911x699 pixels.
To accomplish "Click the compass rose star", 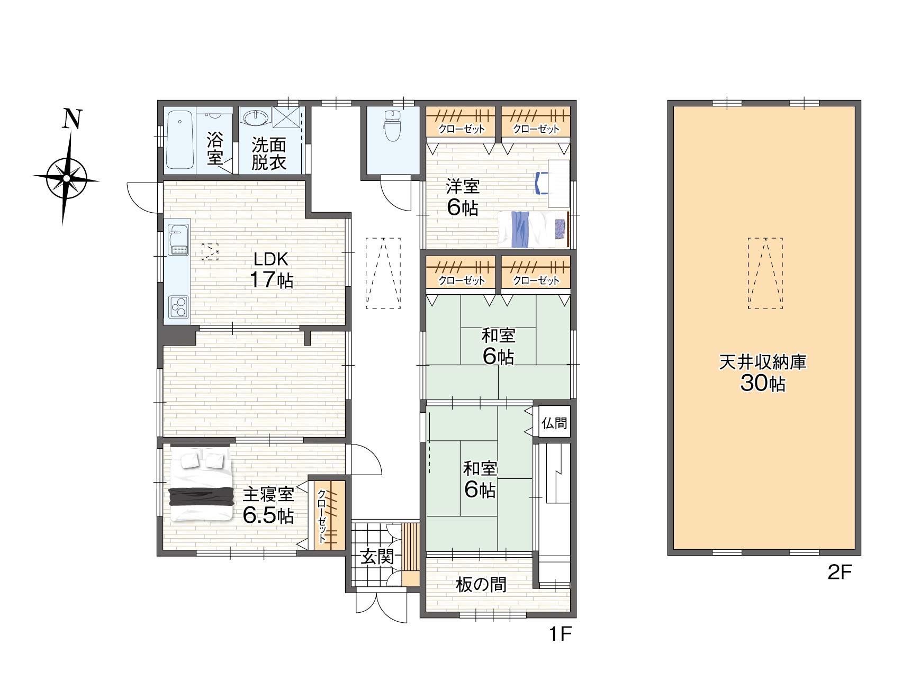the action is pyautogui.click(x=66, y=178).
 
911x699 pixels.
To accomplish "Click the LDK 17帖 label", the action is pyautogui.click(x=271, y=270).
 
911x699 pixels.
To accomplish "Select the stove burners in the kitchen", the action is pyautogui.click(x=178, y=306).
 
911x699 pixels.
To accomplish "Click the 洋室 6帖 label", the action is pyautogui.click(x=463, y=197).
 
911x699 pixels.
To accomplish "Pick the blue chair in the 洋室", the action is pyautogui.click(x=542, y=183).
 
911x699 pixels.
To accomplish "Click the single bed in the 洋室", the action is pyautogui.click(x=533, y=229).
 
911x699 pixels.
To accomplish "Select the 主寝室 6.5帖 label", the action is pyautogui.click(x=268, y=505).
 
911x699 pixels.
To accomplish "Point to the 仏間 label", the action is pyautogui.click(x=554, y=423).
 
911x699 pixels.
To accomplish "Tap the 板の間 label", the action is pyautogui.click(x=481, y=584).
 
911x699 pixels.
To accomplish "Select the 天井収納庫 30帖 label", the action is pyautogui.click(x=762, y=373).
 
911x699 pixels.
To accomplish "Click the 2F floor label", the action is pyautogui.click(x=840, y=572).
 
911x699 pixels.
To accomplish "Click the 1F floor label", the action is pyautogui.click(x=560, y=633).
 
